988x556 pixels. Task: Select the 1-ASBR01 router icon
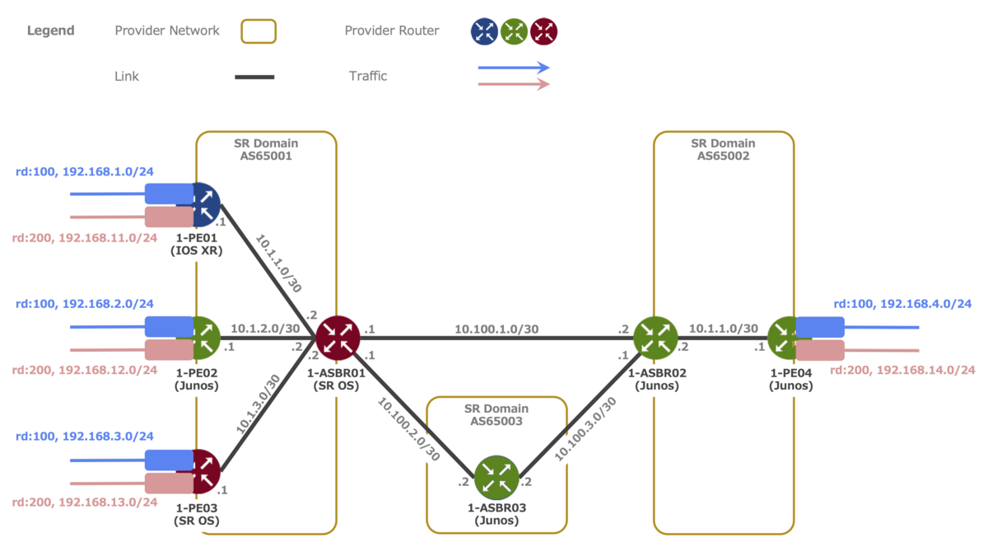338,337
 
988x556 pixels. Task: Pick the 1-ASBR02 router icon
655,337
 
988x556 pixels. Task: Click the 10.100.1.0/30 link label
496,329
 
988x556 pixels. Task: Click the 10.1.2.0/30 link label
265,328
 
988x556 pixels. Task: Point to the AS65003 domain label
496,422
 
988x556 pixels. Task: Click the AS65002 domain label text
724,156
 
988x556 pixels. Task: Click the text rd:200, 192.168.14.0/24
902,371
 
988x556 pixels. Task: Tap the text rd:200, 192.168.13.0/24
84,502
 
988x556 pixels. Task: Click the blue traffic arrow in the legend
514,68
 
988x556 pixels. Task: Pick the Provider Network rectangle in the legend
259,31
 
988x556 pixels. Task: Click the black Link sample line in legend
254,77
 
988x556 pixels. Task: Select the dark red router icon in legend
544,32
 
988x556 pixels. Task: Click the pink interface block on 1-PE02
169,350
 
